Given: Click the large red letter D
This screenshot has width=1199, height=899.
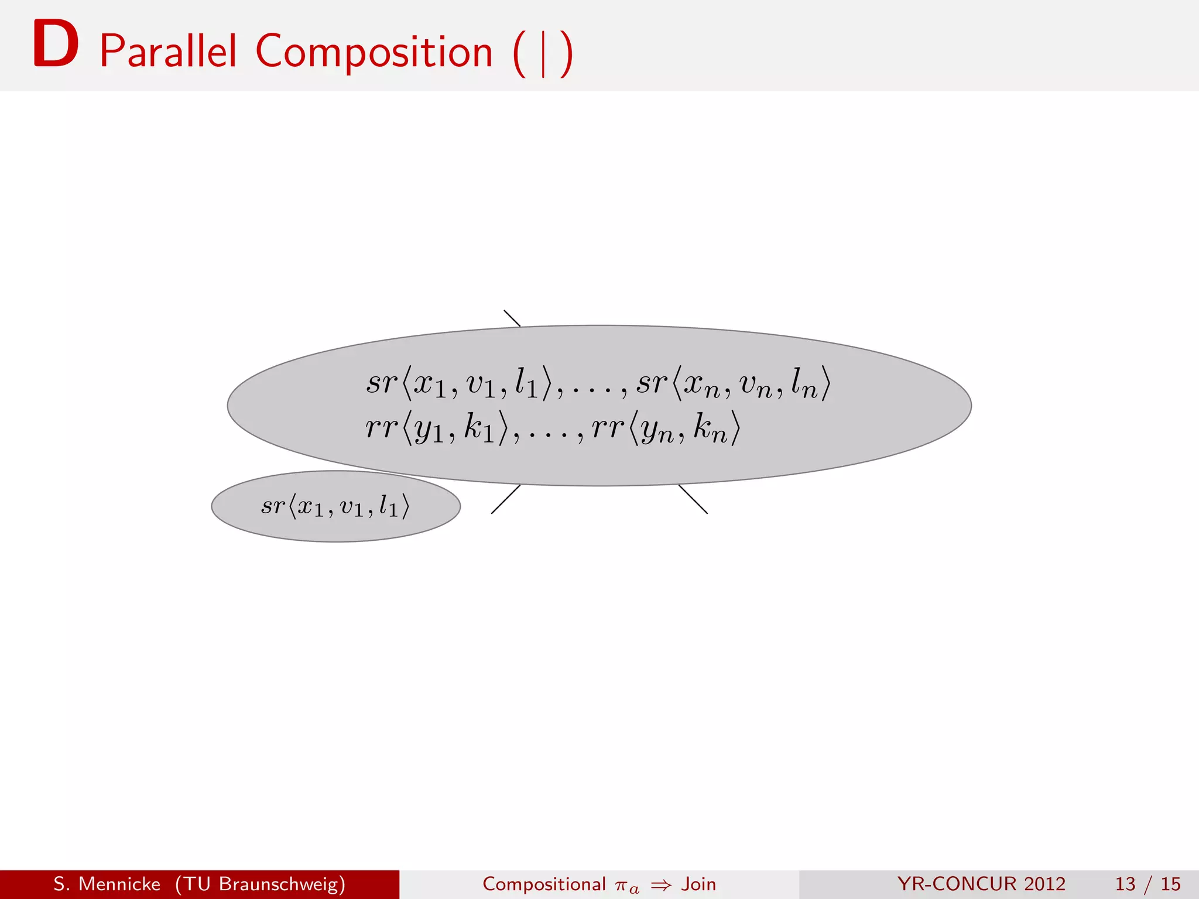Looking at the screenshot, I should click(56, 44).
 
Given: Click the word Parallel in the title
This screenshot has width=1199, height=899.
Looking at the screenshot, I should click(169, 52).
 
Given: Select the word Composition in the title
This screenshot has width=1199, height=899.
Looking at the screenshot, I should click(374, 52).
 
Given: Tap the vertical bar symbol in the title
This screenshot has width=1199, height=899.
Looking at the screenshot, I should click(543, 54).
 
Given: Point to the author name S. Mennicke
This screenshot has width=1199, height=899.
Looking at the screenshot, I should click(107, 884).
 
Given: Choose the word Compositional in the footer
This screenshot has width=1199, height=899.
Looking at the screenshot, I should click(544, 884).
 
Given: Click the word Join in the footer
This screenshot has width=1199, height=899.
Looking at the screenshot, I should click(698, 884).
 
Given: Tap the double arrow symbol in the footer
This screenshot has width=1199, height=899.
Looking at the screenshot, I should click(661, 885).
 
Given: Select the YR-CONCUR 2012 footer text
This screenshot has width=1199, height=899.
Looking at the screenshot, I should click(981, 884).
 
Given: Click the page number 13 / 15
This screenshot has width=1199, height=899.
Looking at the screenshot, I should click(1147, 884).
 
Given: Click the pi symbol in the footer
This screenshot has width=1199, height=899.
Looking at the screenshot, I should click(622, 886).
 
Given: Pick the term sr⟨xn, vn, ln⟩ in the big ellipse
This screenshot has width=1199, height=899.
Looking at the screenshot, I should click(733, 383).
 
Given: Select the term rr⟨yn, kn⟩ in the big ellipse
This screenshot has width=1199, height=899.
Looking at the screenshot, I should click(666, 428).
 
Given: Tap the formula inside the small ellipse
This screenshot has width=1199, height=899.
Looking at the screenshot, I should click(335, 506).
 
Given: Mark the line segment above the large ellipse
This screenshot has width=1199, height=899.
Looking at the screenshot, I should click(512, 318).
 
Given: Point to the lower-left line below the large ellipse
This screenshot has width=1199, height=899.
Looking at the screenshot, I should click(505, 499).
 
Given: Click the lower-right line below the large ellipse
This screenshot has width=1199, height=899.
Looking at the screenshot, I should click(693, 499).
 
